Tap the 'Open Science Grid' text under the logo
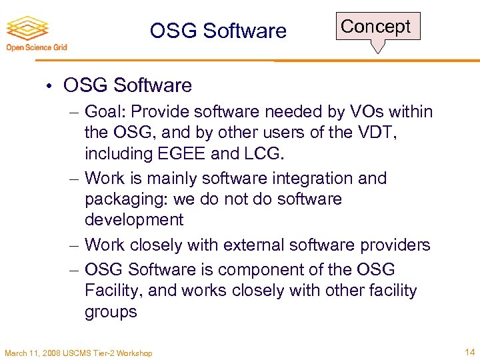(37, 47)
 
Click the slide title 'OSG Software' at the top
(218, 31)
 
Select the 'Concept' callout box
(377, 27)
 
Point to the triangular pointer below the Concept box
(378, 47)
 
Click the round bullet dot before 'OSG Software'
(51, 86)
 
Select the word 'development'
(134, 220)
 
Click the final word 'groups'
(111, 311)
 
